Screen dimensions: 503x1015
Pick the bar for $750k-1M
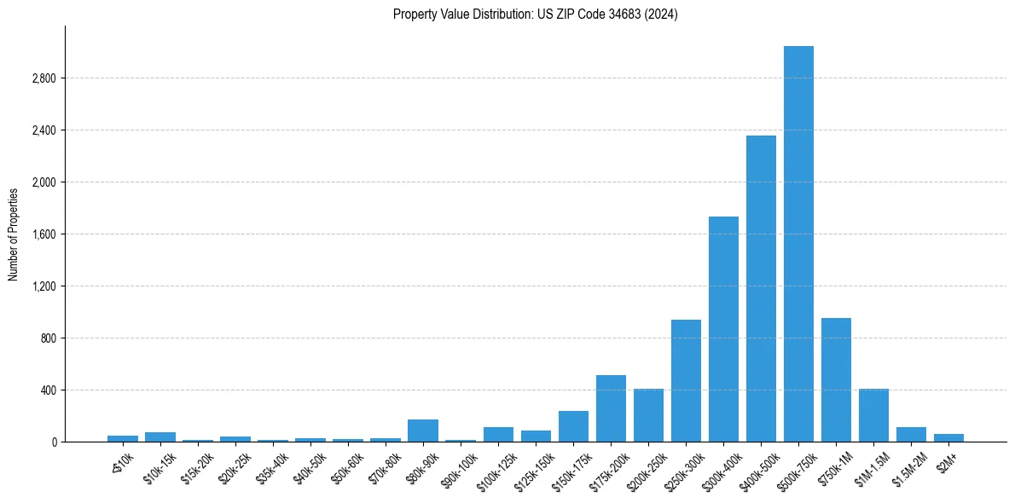(836, 380)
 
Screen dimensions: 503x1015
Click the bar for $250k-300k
(686, 381)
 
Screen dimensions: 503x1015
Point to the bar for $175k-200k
(611, 408)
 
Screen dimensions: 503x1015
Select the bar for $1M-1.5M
(873, 415)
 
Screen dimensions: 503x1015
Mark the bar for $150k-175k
(573, 426)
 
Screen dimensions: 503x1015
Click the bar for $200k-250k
(648, 415)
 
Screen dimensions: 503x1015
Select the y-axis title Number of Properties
(13, 234)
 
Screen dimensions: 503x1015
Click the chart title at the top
(535, 14)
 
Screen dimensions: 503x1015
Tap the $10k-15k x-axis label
(159, 470)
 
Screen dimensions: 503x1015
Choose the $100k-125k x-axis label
(496, 472)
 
